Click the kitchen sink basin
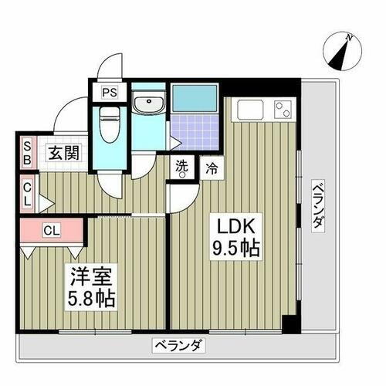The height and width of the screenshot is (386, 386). [x=251, y=110]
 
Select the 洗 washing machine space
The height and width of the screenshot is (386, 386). [x=182, y=168]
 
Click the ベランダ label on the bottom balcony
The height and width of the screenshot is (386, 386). [x=177, y=345]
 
